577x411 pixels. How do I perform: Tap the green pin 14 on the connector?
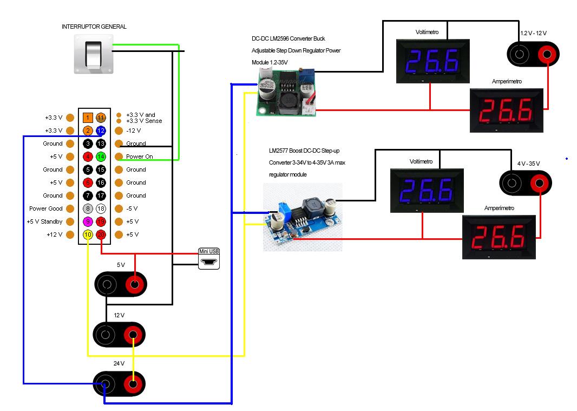(101, 156)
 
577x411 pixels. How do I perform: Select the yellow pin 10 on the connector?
(88, 234)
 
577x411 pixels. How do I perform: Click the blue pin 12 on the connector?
(101, 131)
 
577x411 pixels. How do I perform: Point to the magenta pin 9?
(88, 221)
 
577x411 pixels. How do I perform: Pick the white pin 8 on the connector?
(88, 208)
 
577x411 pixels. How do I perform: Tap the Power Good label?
(46, 208)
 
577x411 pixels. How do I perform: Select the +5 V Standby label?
(44, 221)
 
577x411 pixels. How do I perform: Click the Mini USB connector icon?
(209, 260)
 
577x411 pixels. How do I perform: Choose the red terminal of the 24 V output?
(133, 384)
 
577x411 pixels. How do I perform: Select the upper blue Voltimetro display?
(431, 60)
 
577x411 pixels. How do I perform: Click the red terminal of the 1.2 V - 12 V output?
(547, 54)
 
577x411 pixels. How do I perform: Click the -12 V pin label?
(133, 131)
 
